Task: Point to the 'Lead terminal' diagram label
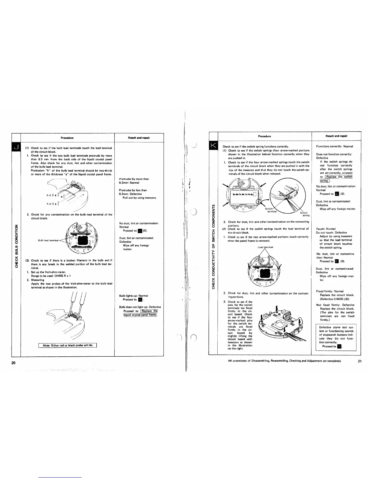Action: tap(265, 247)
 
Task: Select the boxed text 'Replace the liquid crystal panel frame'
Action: tap(140, 313)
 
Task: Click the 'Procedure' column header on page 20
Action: tap(67, 138)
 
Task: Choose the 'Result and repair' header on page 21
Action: tap(336, 136)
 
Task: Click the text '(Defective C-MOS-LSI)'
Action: tap(333, 298)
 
